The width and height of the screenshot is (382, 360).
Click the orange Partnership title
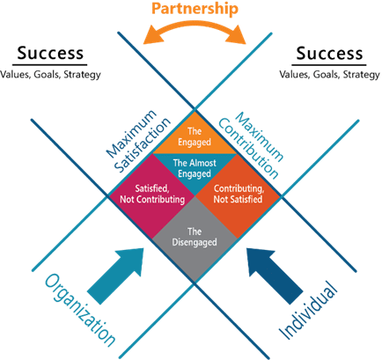pos(195,9)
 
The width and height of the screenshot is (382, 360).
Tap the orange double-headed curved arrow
pos(195,29)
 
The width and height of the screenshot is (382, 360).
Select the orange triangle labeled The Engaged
pos(195,135)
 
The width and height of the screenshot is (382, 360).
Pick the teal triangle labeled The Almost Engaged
pos(195,170)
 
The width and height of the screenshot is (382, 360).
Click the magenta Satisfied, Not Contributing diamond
pos(152,196)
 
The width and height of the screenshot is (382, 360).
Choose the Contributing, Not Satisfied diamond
pos(238,196)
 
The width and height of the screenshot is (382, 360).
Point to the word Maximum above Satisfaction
pos(131,134)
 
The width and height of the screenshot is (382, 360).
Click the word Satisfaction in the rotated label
pos(143,145)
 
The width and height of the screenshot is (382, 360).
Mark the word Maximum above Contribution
pos(260,136)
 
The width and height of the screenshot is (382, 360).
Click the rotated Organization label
pos(80,310)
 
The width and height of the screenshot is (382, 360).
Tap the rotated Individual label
pos(307,311)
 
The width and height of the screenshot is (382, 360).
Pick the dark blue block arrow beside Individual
pos(275,276)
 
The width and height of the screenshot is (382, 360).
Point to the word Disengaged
pos(195,242)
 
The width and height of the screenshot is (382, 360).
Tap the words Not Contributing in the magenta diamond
pos(152,200)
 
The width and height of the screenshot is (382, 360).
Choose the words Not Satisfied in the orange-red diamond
pos(238,200)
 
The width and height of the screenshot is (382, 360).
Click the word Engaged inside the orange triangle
pos(195,143)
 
